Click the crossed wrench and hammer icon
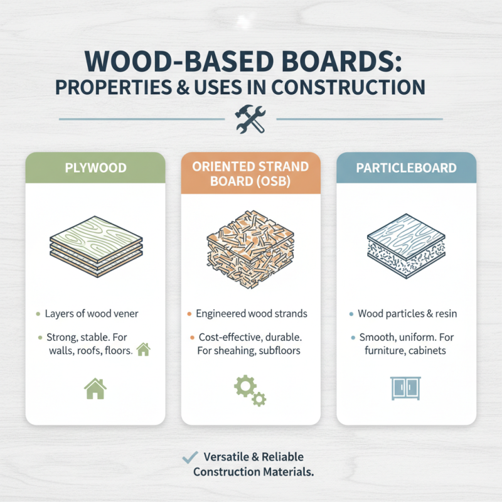click(x=250, y=119)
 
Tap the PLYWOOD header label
click(x=95, y=169)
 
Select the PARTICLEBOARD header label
click(x=406, y=169)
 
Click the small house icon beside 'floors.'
click(x=144, y=350)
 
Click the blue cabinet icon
click(x=406, y=387)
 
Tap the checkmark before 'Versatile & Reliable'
click(x=187, y=457)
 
